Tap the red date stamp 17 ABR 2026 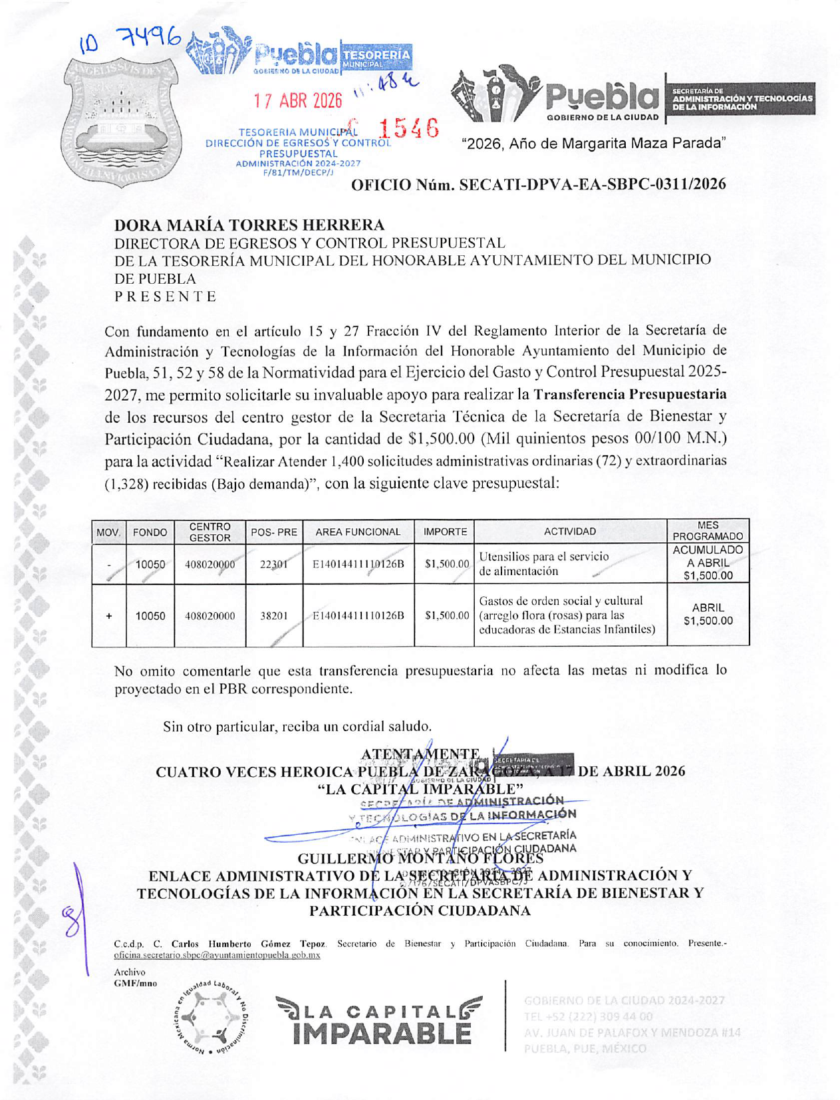click(x=297, y=101)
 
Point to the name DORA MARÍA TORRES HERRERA click(x=249, y=225)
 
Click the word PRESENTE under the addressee click(x=166, y=296)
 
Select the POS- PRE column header click(x=274, y=532)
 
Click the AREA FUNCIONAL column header click(x=358, y=532)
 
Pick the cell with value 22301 click(x=273, y=564)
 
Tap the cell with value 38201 click(x=273, y=616)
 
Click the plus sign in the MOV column click(x=108, y=616)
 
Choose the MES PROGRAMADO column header click(x=708, y=531)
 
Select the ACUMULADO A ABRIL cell click(x=708, y=563)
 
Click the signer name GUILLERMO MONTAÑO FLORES click(x=420, y=859)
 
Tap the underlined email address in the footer click(x=217, y=955)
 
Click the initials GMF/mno click(x=136, y=983)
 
